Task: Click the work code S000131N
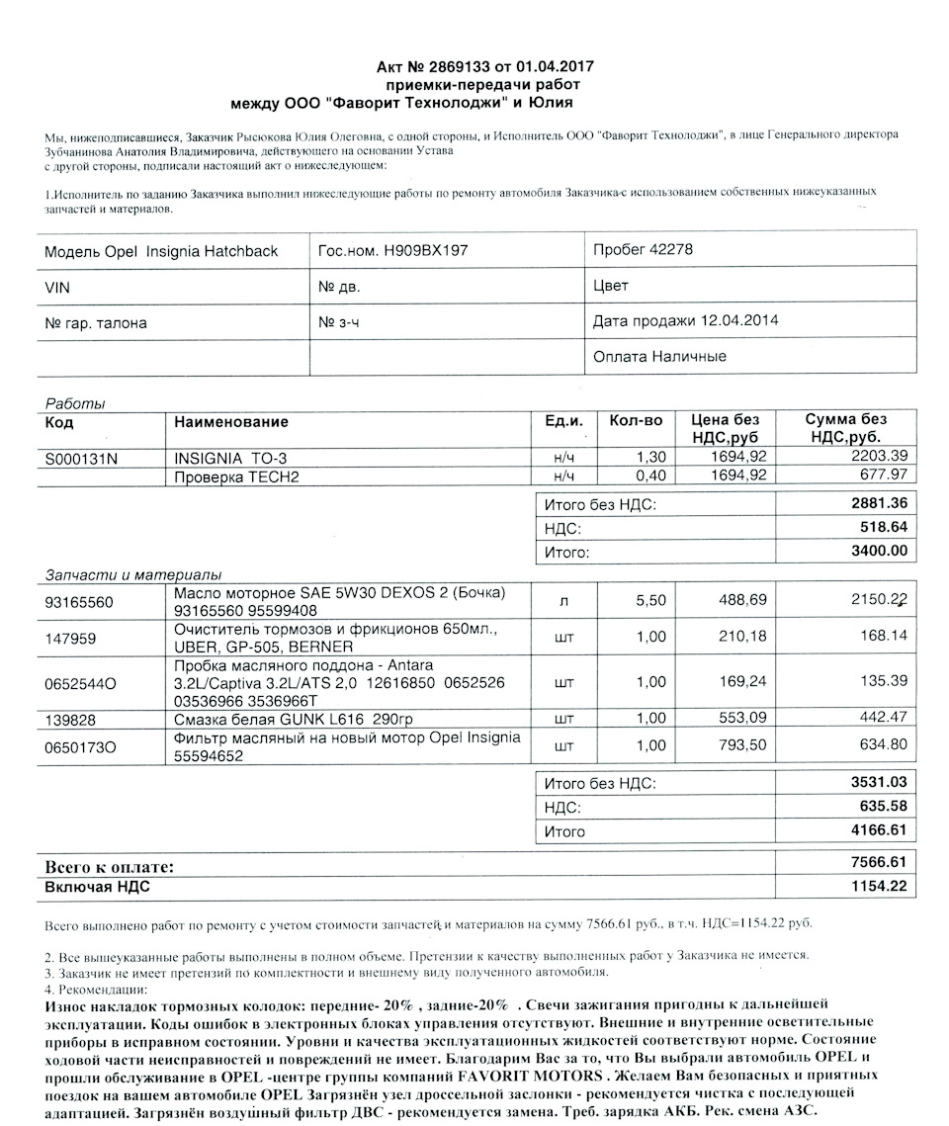tap(83, 459)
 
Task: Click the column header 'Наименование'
tap(231, 422)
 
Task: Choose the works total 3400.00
tap(879, 551)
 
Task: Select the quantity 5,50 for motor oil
tap(651, 600)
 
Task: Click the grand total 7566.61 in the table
tap(879, 862)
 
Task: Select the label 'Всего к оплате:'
tap(109, 866)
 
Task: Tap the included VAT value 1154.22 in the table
tap(879, 887)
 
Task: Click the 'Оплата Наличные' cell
tap(659, 357)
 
